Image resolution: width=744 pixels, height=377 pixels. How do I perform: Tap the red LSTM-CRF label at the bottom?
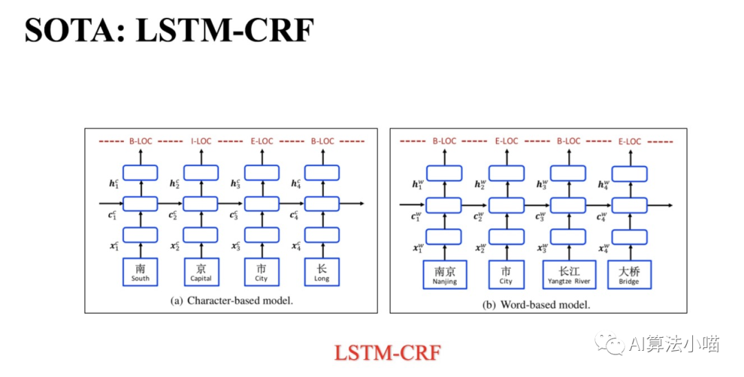[x=386, y=352]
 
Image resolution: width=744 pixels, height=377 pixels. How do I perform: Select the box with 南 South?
[x=140, y=272]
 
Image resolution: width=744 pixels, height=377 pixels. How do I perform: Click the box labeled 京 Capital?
[x=200, y=272]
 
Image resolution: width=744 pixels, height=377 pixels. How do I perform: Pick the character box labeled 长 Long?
[x=322, y=272]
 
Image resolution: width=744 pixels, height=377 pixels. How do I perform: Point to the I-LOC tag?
[x=200, y=141]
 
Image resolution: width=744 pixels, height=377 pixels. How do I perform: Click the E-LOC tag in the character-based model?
[x=261, y=141]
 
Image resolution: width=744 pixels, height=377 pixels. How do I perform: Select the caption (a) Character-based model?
[x=231, y=301]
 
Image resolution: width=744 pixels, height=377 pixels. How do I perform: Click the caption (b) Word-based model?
[x=537, y=304]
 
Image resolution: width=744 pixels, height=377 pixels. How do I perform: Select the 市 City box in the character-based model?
[x=261, y=272]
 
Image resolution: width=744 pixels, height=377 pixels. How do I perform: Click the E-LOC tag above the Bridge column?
[x=629, y=141]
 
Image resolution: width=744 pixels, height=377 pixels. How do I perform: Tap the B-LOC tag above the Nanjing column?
[x=444, y=141]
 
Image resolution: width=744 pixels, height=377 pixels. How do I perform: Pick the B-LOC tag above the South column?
[x=140, y=141]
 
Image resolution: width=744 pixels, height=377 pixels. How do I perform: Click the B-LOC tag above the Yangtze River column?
[x=568, y=141]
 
